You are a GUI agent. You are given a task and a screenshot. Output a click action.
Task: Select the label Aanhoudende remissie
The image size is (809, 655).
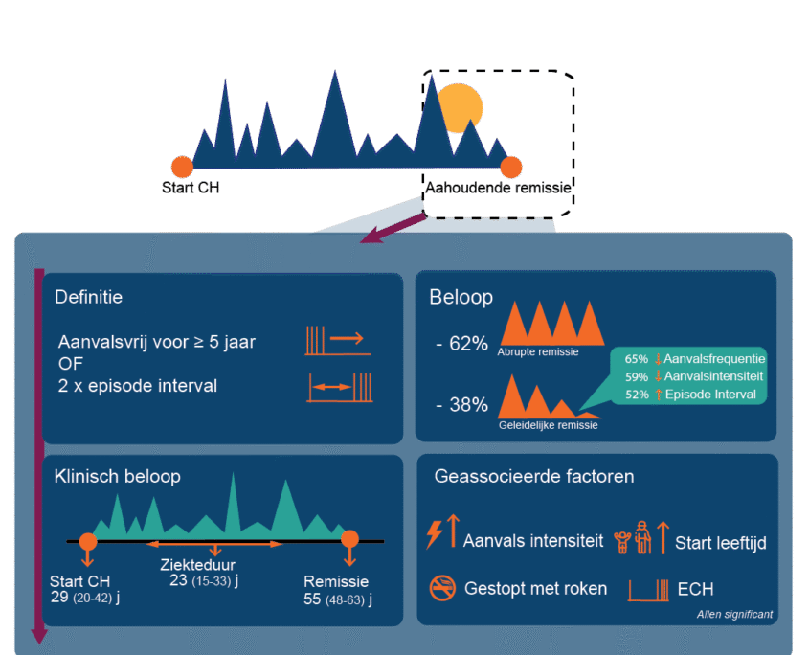point(498,188)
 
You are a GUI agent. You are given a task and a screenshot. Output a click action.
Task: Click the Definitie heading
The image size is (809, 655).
point(88,297)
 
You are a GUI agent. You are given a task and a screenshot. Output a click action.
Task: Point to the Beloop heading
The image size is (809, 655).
point(461,297)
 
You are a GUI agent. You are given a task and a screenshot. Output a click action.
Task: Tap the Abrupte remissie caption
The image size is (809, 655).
point(537,352)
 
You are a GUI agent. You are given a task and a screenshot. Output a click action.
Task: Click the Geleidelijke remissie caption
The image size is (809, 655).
point(548,425)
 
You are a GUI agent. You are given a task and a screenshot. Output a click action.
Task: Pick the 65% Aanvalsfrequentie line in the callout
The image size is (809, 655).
point(693,359)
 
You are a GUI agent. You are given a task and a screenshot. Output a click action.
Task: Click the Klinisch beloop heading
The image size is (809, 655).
point(117,476)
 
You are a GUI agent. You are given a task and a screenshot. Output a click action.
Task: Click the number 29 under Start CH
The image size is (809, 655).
point(58,599)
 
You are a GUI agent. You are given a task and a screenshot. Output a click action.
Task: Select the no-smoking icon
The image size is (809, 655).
point(442,589)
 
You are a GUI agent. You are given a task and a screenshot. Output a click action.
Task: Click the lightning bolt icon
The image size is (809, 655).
point(434,533)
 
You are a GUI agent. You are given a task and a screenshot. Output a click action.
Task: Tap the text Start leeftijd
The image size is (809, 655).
point(720,543)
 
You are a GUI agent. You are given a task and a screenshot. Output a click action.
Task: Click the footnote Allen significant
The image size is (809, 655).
point(734,615)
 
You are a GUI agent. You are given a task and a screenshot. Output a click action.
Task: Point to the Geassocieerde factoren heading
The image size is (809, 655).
point(533,476)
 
